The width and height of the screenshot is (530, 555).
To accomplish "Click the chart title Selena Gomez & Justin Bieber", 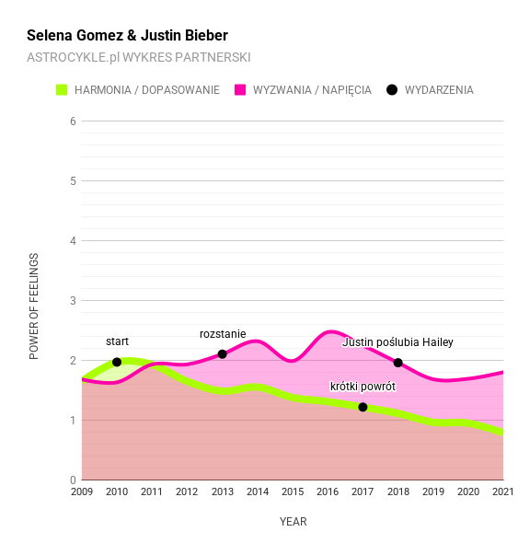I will tap(127, 36).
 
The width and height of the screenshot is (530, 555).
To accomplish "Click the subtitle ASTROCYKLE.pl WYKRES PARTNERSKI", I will tap(139, 57).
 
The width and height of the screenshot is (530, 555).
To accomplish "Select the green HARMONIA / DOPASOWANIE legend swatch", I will tap(63, 90).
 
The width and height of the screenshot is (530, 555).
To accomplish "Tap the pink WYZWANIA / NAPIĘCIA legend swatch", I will tap(241, 90).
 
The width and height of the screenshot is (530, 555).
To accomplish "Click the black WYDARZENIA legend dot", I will tap(392, 90).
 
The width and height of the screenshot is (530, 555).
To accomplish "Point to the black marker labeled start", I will tap(117, 362).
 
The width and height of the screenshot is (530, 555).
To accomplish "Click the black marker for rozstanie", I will tap(223, 354).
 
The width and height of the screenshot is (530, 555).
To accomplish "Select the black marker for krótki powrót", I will tap(363, 407).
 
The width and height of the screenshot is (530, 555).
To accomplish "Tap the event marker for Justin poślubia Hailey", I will tap(398, 363).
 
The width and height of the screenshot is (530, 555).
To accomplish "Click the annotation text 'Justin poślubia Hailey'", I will tap(397, 342).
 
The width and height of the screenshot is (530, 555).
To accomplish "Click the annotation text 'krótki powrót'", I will tap(363, 387).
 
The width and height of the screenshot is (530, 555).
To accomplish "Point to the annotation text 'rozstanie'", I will tap(223, 333).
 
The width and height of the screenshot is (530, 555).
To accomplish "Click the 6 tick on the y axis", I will tap(73, 121).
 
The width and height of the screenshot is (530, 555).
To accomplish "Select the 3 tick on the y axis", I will tap(73, 301).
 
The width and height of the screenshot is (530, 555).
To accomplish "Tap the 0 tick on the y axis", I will tap(73, 480).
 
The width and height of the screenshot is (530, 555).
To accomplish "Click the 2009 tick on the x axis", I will tap(82, 493).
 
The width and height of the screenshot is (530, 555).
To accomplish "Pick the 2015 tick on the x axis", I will tap(293, 493).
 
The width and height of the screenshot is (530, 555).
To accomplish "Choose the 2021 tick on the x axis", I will tap(502, 493).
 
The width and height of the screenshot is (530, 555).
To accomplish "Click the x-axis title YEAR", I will tap(293, 522).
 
